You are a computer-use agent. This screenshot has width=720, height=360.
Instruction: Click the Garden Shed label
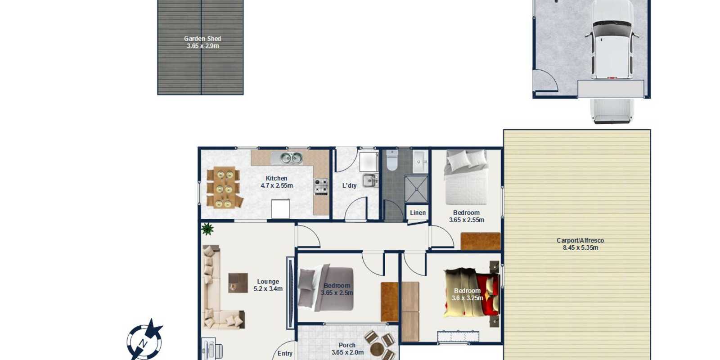pyautogui.click(x=202, y=39)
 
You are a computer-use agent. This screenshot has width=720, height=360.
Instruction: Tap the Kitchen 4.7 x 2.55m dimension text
pyautogui.click(x=276, y=185)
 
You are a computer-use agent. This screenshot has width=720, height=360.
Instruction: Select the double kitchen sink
pyautogui.click(x=287, y=158)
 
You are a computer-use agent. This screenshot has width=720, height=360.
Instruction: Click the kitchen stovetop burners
pyautogui.click(x=321, y=187)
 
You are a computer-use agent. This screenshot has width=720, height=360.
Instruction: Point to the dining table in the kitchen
pyautogui.click(x=225, y=187)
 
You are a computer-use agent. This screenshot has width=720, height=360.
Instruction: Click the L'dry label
pyautogui.click(x=349, y=185)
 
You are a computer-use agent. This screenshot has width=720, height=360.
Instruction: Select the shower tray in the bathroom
pyautogui.click(x=416, y=189)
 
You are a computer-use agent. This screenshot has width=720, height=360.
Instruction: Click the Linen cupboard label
pyautogui.click(x=418, y=213)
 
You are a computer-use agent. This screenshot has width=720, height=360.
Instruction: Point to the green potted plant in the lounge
pyautogui.click(x=207, y=229)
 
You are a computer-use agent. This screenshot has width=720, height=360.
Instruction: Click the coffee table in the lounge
pyautogui.click(x=238, y=283)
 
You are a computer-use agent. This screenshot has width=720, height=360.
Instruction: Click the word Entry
pyautogui.click(x=285, y=354)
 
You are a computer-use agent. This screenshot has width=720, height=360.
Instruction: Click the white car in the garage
pyautogui.click(x=612, y=39)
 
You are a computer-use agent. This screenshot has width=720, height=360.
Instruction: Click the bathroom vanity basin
pyautogui.click(x=420, y=161)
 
